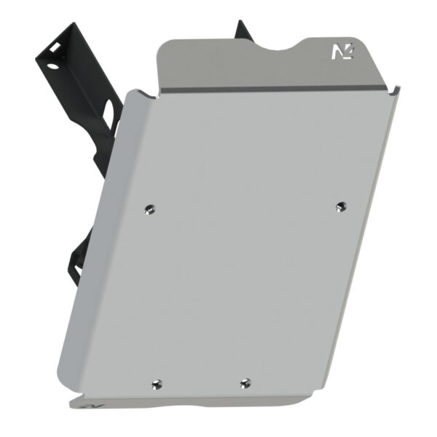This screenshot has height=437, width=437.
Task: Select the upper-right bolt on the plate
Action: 339,207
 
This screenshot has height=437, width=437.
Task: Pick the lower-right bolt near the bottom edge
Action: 245,382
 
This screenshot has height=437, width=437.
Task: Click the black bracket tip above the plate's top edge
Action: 241,29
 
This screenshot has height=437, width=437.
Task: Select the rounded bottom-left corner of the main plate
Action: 62,393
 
